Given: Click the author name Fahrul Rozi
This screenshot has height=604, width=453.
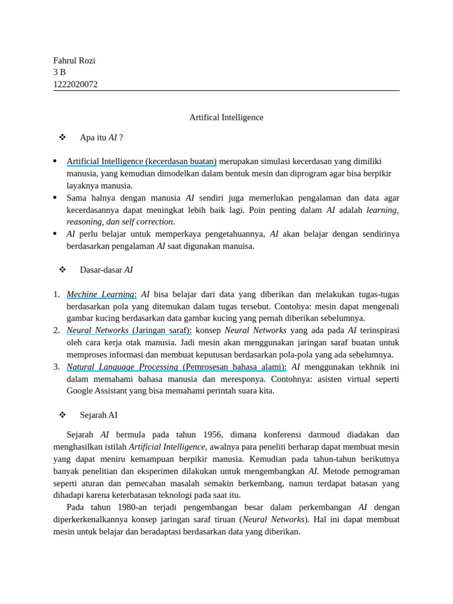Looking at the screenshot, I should pos(74,61).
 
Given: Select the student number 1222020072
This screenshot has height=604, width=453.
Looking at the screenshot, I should pos(75,84).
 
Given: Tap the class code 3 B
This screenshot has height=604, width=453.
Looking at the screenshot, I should pos(60,73).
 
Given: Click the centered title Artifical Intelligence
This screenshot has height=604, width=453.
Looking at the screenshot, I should pos(226,117).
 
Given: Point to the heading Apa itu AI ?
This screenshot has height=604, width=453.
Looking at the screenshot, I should pos(101,137).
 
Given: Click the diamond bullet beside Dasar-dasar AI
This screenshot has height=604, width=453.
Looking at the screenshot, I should pos(62,270).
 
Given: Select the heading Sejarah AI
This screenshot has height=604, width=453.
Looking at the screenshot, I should pos(99,415).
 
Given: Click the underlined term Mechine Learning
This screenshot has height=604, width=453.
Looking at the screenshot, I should pos(101,294).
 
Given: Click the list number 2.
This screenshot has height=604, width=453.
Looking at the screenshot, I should pos(56,330).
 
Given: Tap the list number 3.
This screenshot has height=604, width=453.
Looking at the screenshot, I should pos(56,367).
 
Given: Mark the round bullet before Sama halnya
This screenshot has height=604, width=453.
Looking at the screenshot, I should pos(55,198).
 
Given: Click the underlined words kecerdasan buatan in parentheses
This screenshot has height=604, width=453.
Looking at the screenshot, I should pos(182,161).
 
